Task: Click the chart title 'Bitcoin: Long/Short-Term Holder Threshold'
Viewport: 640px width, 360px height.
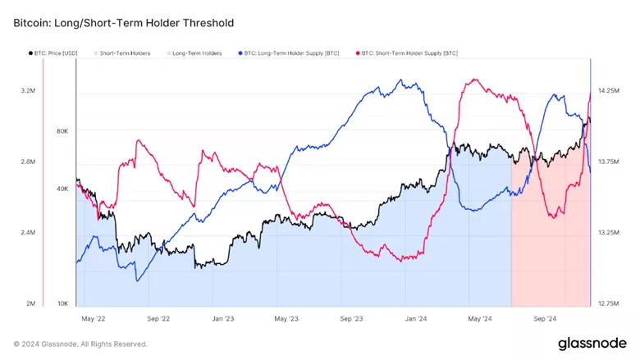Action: click(124, 23)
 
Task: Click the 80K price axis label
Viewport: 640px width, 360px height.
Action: click(62, 131)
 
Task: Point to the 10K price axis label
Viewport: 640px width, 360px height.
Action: click(62, 303)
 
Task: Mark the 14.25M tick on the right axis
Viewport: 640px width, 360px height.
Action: click(608, 91)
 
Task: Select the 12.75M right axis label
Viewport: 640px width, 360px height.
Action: click(608, 303)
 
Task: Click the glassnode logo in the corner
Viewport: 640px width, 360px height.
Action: click(592, 343)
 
